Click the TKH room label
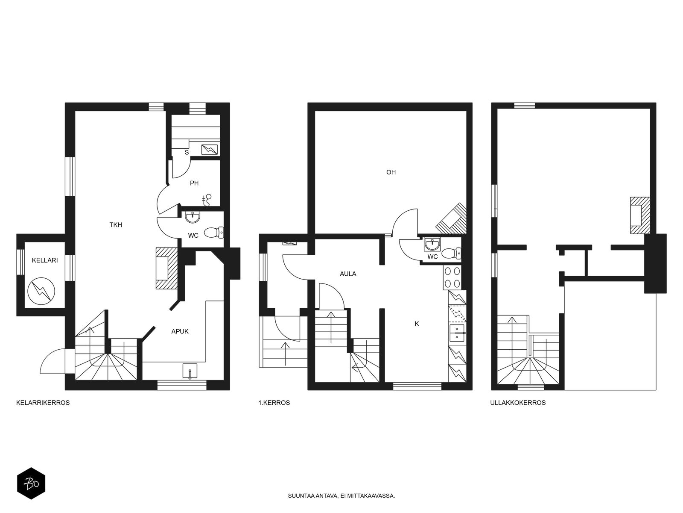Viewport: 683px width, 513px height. [x=115, y=225]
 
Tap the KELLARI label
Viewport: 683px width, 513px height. [x=45, y=260]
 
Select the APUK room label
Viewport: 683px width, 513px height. [x=180, y=331]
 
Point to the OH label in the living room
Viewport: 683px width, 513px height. [x=391, y=172]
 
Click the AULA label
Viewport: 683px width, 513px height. [x=348, y=274]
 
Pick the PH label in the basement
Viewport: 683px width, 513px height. [x=194, y=183]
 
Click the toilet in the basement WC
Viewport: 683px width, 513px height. [x=214, y=233]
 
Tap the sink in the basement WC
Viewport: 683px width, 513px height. [x=193, y=217]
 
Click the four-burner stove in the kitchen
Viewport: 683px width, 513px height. [x=452, y=277]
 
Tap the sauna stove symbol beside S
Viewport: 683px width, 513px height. [x=210, y=150]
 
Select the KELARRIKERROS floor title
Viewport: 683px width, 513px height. [x=43, y=403]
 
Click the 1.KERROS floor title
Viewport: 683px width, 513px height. [x=274, y=403]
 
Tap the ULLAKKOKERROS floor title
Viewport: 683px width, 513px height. [x=518, y=403]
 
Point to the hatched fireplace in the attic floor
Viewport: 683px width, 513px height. [x=640, y=215]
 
